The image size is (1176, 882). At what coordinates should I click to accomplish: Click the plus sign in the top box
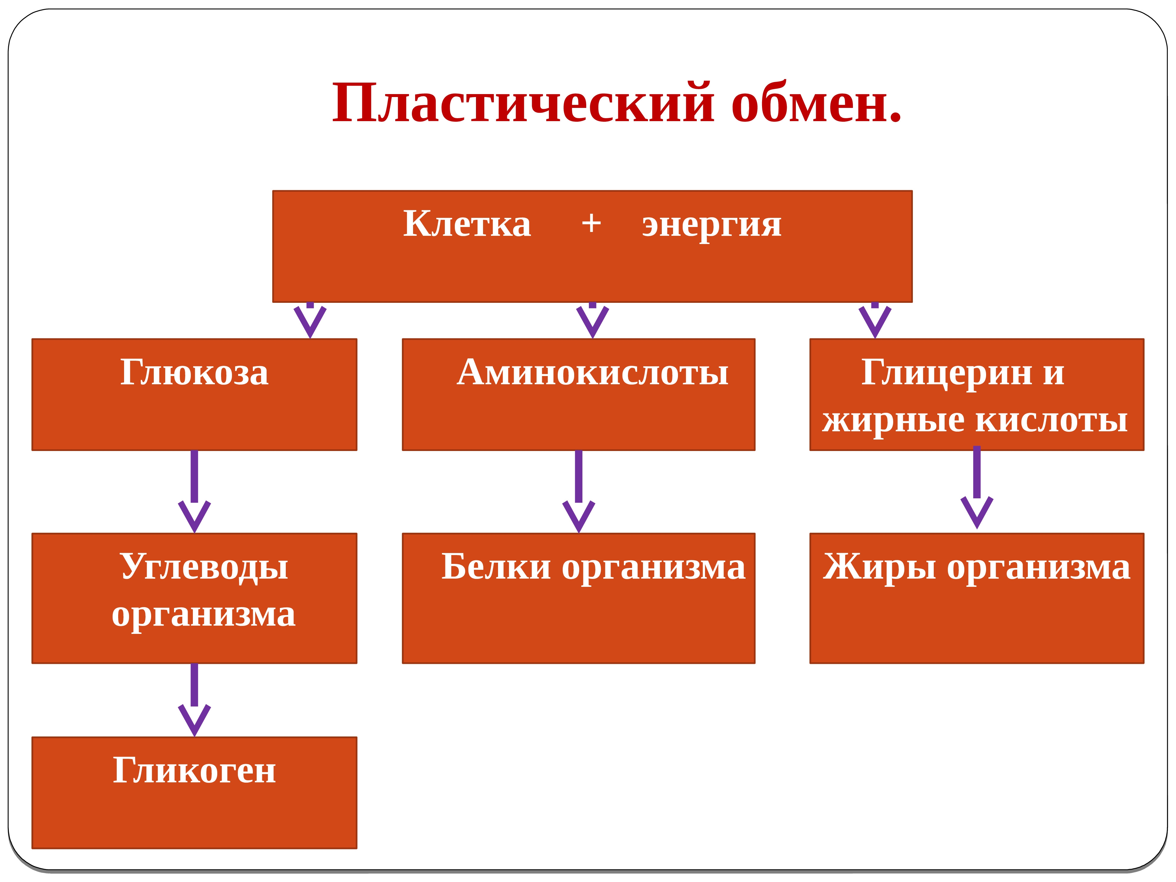pyautogui.click(x=591, y=223)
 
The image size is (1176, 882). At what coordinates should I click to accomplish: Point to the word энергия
pyautogui.click(x=712, y=226)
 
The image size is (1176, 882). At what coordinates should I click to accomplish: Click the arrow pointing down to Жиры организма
pyautogui.click(x=977, y=487)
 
